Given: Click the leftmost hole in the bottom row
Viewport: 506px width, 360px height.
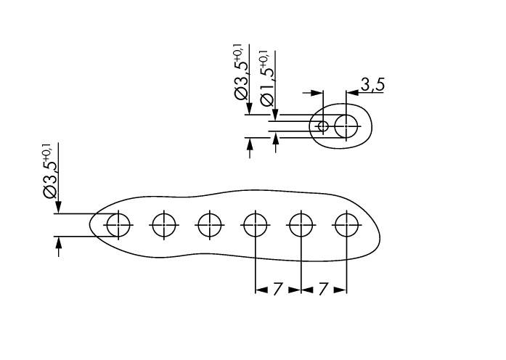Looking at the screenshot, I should [118, 225].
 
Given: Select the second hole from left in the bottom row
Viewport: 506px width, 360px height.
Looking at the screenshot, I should [164, 225].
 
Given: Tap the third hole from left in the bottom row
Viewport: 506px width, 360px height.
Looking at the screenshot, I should [210, 225].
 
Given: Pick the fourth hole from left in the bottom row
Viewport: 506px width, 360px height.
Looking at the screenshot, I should [255, 225].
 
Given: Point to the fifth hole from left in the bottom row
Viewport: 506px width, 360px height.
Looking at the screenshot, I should [301, 225].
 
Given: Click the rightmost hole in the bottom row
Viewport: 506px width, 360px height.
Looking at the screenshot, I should [346, 225].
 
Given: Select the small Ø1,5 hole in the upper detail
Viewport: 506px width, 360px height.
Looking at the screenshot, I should [324, 126].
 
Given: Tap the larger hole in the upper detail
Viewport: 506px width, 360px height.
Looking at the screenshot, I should [347, 126].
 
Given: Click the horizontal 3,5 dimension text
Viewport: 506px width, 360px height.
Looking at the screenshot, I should [372, 85].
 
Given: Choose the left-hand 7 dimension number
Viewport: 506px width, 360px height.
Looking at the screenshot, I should [277, 289].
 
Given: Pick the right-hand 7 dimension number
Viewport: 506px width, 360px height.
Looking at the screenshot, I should [323, 289].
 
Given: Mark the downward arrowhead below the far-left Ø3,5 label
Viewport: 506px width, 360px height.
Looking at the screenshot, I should [58, 208].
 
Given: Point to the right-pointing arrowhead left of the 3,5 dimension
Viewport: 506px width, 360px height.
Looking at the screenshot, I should [317, 93].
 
